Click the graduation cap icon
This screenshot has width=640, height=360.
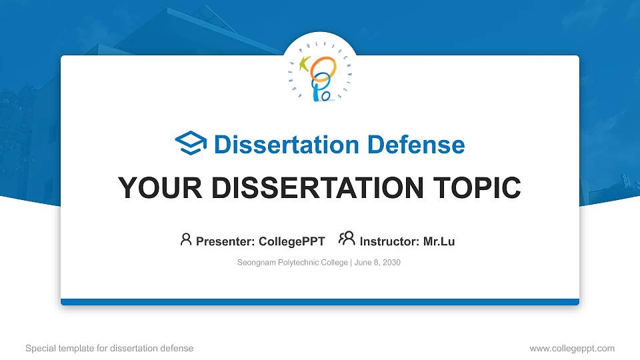pyautogui.click(x=191, y=143)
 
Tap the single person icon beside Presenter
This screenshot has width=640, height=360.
pyautogui.click(x=186, y=239)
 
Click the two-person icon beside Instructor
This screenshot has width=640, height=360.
pyautogui.click(x=347, y=239)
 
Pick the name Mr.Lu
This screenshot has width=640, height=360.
pyautogui.click(x=439, y=241)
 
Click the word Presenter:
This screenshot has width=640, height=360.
pyautogui.click(x=224, y=241)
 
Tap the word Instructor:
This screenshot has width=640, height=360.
pyautogui.click(x=390, y=241)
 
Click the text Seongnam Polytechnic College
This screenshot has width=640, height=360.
pyautogui.click(x=292, y=263)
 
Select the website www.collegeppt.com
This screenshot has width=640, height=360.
pyautogui.click(x=571, y=348)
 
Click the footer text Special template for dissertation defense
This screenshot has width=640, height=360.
pyautogui.click(x=109, y=348)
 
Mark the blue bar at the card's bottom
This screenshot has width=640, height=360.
pyautogui.click(x=320, y=302)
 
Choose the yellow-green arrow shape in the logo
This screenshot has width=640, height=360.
pyautogui.click(x=305, y=65)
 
